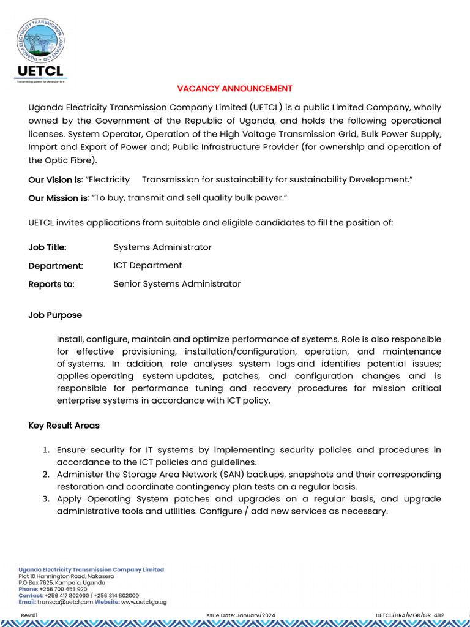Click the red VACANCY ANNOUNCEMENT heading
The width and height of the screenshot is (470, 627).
click(x=235, y=89)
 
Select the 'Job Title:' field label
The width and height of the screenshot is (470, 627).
click(x=48, y=247)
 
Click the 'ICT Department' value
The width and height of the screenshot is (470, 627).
click(x=147, y=266)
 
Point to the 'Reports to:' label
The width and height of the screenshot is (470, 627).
click(x=51, y=284)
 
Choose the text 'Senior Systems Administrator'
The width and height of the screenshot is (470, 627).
click(x=177, y=284)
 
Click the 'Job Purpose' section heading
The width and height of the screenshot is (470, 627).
click(x=55, y=315)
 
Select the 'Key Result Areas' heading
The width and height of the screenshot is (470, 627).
click(x=64, y=426)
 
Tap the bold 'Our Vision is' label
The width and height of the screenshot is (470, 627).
click(x=54, y=180)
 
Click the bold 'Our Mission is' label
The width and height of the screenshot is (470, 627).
click(x=58, y=198)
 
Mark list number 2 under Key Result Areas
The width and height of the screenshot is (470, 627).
click(x=46, y=475)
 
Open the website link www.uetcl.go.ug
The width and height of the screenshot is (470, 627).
click(x=143, y=602)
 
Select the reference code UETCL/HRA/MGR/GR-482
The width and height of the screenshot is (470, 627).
click(x=409, y=615)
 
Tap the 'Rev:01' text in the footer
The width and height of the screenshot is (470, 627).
click(x=29, y=615)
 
